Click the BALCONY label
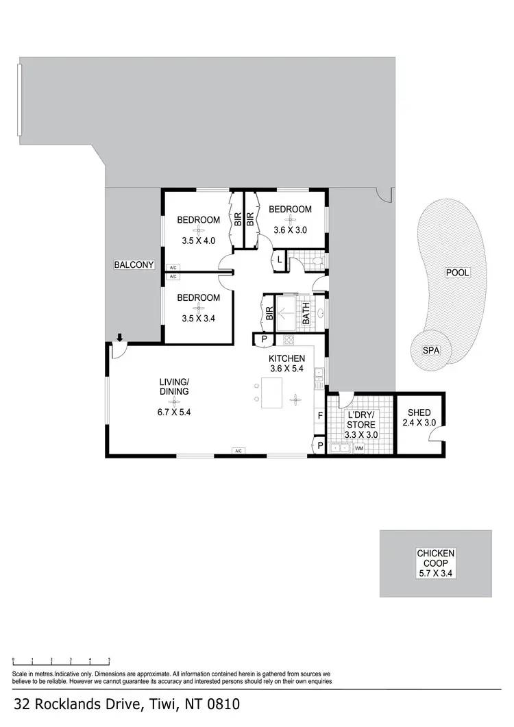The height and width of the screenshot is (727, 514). pyautogui.click(x=134, y=264)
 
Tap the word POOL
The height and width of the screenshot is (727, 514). pyautogui.click(x=457, y=272)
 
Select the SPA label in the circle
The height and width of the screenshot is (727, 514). pyautogui.click(x=430, y=350)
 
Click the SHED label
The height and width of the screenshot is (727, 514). pyautogui.click(x=419, y=412)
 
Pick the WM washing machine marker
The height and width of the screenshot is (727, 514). pyautogui.click(x=358, y=449)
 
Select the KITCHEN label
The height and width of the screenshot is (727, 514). pyautogui.click(x=286, y=358)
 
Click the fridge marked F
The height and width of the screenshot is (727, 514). pyautogui.click(x=319, y=415)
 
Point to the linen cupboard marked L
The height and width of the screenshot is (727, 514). pyautogui.click(x=280, y=259)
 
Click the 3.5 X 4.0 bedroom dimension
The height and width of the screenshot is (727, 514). pyautogui.click(x=199, y=241)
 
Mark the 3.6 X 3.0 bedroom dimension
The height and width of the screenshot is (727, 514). pyautogui.click(x=290, y=230)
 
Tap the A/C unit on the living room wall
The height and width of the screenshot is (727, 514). pyautogui.click(x=238, y=451)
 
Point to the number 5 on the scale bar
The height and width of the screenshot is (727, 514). pyautogui.click(x=109, y=658)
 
